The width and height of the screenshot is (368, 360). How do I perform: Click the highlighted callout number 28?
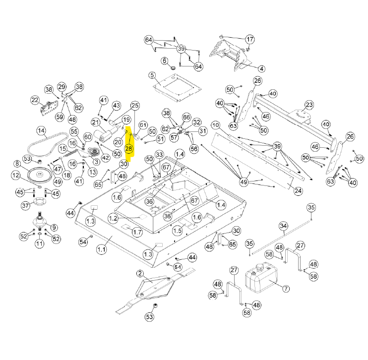pos(129,149)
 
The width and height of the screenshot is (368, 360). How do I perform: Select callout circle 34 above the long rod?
pos(283,227)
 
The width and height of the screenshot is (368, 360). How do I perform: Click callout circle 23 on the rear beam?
pos(309,105)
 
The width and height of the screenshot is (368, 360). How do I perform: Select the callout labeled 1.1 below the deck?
pos(102,250)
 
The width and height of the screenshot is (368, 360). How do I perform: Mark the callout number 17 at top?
pos(249,39)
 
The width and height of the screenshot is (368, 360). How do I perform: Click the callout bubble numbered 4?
pos(261,68)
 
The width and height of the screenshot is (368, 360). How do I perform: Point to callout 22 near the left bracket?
pos(35,100)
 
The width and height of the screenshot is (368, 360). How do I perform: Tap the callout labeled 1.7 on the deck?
pos(137,232)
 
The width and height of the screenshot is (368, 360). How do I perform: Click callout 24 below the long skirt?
pos(298,190)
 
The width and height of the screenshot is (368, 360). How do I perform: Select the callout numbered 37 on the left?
pos(26,206)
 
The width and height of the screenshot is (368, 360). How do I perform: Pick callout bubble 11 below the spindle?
pos(40,243)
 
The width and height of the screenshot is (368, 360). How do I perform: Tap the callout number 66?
pos(186,117)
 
